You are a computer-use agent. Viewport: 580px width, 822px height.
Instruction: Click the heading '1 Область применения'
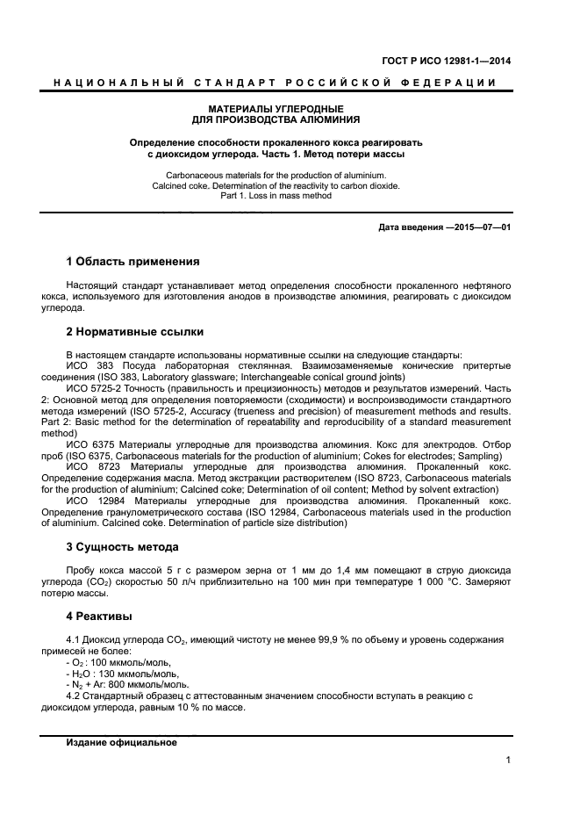pos(132,261)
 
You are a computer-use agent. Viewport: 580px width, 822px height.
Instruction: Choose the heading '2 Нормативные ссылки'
pos(135,332)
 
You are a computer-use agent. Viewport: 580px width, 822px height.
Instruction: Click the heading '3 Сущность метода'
pos(123,546)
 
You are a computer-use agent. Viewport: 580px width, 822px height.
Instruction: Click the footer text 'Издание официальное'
pos(121,743)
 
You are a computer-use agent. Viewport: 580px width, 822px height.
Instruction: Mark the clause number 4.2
pos(75,696)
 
